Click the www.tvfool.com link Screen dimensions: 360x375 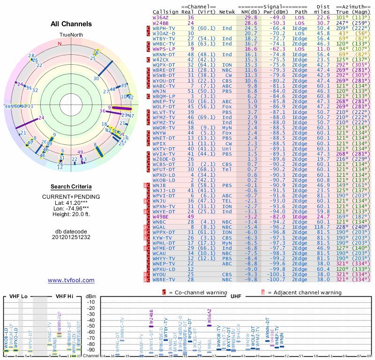[71, 280]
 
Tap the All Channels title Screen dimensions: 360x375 [71, 24]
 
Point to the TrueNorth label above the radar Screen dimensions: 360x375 [71, 35]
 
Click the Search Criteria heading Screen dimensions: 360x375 [71, 187]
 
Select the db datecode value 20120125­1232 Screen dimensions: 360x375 [71, 238]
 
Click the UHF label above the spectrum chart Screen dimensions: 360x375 [235, 296]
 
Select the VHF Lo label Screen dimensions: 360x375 [18, 296]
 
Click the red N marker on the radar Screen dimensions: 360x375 [60, 44]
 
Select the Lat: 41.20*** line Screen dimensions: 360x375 [71, 202]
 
